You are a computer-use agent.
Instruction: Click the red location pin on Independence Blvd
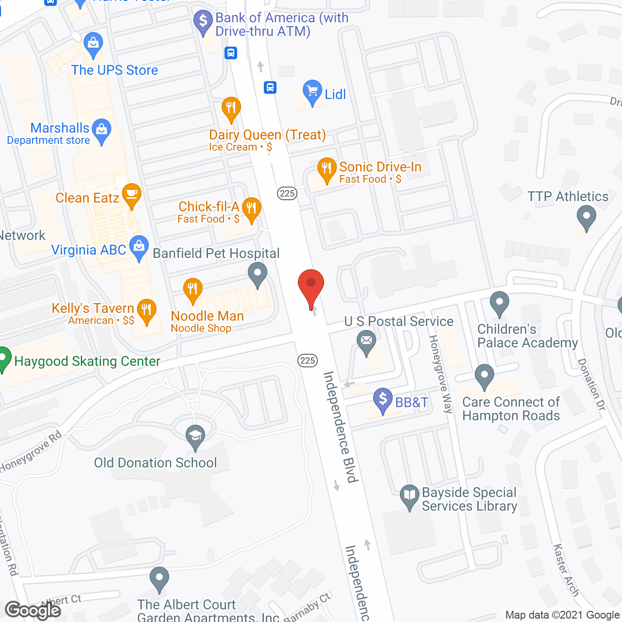coord(311,285)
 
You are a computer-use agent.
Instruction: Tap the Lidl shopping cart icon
coord(312,91)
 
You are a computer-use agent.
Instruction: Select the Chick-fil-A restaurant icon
coord(251,208)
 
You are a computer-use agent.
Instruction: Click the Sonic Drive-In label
coord(380,167)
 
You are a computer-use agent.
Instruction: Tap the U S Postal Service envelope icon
coord(366,340)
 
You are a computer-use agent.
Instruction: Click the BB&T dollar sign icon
coord(383,399)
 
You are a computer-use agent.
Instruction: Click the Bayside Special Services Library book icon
coord(410,496)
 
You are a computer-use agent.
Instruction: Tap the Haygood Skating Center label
coord(87,362)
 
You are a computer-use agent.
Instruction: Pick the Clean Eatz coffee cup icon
coord(131,195)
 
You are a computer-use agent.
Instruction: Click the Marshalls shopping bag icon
coord(102,130)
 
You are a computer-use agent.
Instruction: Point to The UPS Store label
coord(115,70)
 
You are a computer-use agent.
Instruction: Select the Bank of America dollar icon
coord(203,21)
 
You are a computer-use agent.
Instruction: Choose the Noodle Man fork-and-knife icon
coord(193,290)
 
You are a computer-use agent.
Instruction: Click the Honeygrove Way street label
coord(441,374)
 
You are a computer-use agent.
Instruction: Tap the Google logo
coord(33,610)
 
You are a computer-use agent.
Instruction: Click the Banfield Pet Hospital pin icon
coord(258,273)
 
